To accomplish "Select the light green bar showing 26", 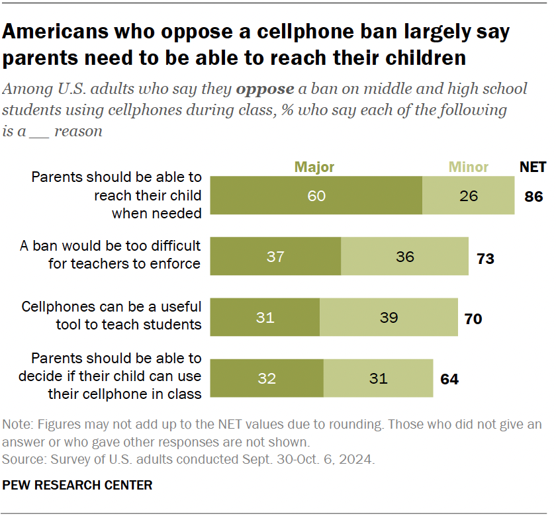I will [468, 196].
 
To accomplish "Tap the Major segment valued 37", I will [275, 257].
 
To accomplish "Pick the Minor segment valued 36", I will [404, 257].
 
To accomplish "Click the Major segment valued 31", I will [265, 318].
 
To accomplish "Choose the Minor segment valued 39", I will [389, 318].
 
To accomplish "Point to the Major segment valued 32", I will [267, 378].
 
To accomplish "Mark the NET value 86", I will [533, 196].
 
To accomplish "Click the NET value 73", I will [485, 258].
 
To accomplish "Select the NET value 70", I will [473, 319].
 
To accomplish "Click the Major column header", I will [314, 167].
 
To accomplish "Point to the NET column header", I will [533, 167].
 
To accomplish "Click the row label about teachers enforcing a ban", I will [110, 254].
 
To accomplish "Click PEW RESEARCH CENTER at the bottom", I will [77, 486].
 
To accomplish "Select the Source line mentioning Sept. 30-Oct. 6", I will [189, 458].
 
